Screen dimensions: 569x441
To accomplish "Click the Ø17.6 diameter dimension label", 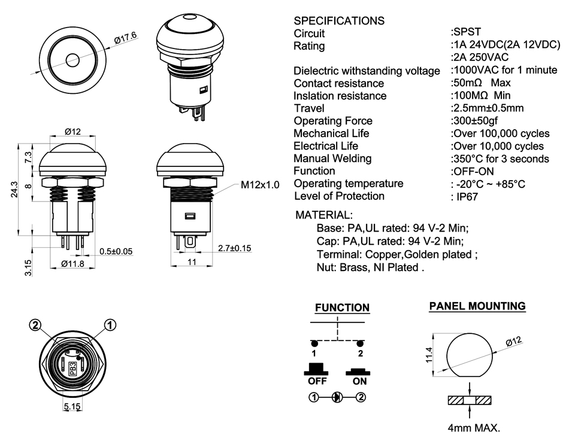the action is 126,38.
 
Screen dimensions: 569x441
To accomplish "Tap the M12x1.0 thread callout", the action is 260,185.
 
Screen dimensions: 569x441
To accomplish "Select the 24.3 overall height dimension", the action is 14,190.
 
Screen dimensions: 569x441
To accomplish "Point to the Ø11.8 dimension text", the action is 72,264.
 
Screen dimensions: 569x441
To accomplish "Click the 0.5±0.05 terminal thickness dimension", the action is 116,251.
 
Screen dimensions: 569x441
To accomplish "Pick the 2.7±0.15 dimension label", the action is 234,248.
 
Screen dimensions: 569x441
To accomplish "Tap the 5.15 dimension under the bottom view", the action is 72,406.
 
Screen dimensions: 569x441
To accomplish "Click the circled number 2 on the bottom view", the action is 35,326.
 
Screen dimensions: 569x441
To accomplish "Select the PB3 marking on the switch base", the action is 72,369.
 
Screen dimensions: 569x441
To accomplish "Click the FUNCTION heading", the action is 342,308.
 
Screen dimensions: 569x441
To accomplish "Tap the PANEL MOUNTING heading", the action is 477,306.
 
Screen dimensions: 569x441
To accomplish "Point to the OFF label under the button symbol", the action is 317,381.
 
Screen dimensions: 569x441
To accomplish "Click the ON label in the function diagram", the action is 359,381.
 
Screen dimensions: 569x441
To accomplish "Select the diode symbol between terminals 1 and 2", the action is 337,397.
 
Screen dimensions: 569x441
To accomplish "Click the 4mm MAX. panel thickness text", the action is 474,428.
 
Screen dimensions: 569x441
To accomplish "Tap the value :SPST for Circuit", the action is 466,32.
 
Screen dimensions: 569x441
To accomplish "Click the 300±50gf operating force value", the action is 474,121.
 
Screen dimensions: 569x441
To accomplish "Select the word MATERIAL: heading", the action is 323,215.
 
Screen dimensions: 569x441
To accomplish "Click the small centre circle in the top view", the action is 72,60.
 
